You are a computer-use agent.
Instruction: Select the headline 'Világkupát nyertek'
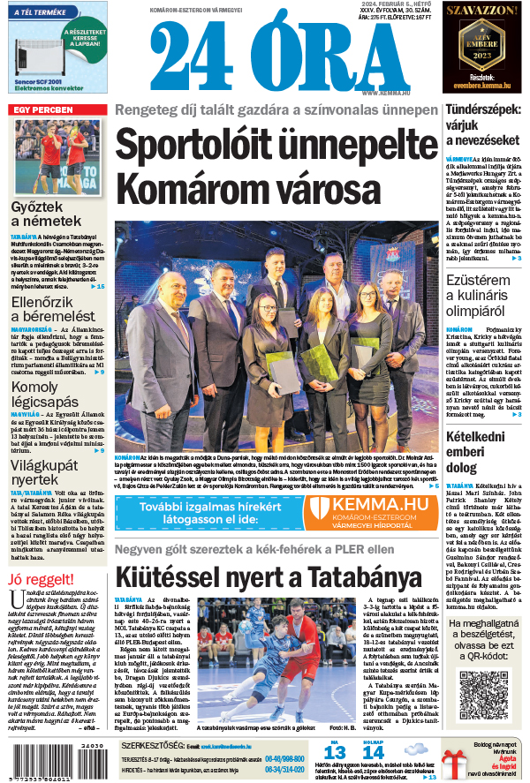pos(46,472)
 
